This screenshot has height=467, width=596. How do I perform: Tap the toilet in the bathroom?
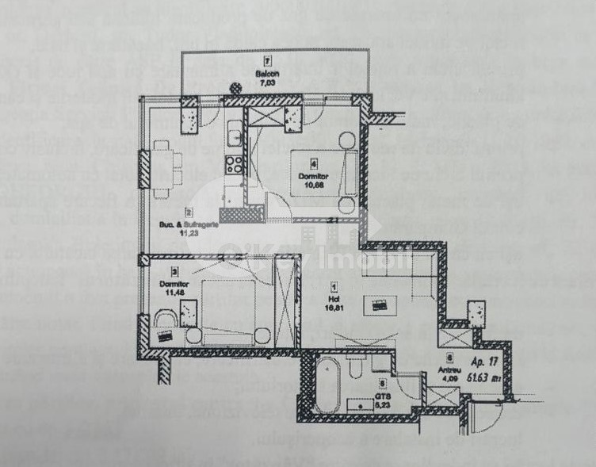[355, 369]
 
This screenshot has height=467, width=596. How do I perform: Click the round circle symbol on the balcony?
[234, 89]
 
